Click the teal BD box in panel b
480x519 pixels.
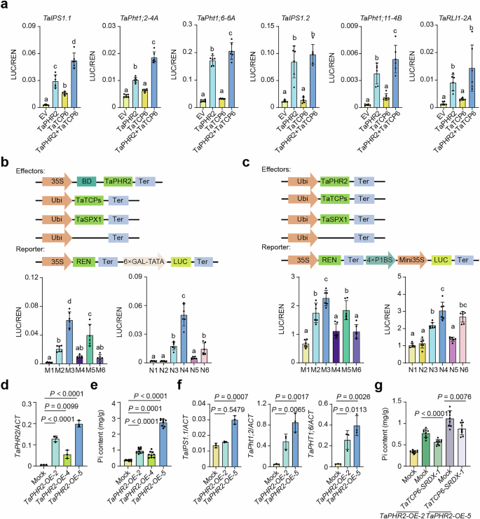(88, 160)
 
